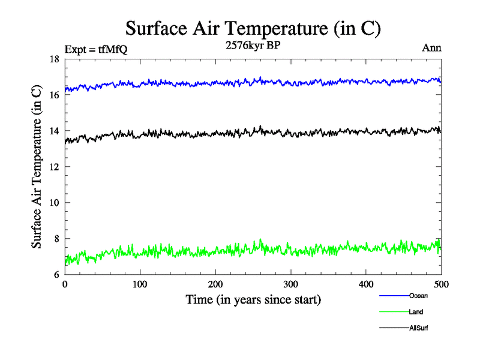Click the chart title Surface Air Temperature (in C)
pyautogui.click(x=253, y=28)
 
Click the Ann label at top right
pyautogui.click(x=431, y=48)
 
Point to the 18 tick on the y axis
pyautogui.click(x=54, y=59)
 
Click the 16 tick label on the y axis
pyautogui.click(x=54, y=95)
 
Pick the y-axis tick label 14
pyautogui.click(x=54, y=131)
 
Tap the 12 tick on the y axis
pyautogui.click(x=54, y=167)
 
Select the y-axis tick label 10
pyautogui.click(x=54, y=203)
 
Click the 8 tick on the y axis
pyautogui.click(x=56, y=239)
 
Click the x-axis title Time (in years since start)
pyautogui.click(x=253, y=299)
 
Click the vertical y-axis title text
pyautogui.click(x=37, y=167)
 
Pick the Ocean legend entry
pyautogui.click(x=418, y=295)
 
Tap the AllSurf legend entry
pyautogui.click(x=419, y=328)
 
